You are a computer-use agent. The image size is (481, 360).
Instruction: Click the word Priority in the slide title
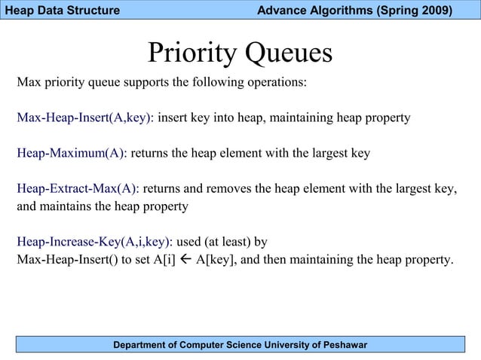193,53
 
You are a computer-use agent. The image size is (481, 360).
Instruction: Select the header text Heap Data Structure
62,11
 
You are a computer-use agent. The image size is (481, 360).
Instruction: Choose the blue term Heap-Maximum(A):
72,154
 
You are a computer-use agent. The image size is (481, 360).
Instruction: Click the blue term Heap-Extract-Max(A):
78,188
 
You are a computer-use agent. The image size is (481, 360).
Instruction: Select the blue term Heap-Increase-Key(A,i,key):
95,242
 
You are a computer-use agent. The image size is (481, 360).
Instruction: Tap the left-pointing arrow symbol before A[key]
182,261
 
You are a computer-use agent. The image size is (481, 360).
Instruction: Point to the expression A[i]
159,261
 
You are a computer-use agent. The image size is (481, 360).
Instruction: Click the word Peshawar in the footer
341,345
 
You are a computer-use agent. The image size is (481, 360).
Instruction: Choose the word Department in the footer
142,345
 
